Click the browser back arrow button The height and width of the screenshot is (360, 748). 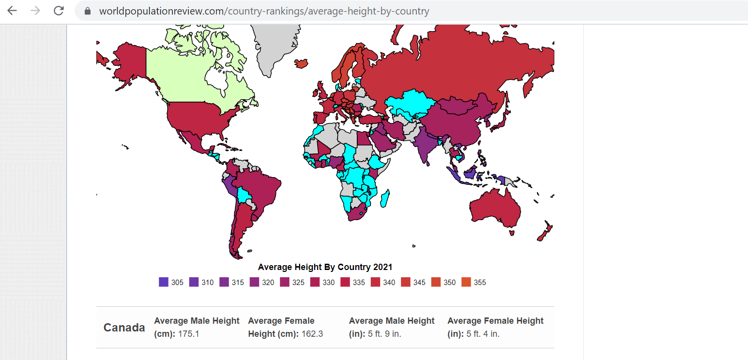pyautogui.click(x=12, y=11)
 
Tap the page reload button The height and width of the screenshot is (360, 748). pyautogui.click(x=59, y=11)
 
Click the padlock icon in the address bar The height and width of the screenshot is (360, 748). pyautogui.click(x=88, y=11)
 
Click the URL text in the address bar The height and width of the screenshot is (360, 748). pyautogui.click(x=264, y=11)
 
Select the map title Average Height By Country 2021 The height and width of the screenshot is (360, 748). pyautogui.click(x=325, y=267)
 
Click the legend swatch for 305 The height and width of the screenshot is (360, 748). pyautogui.click(x=164, y=282)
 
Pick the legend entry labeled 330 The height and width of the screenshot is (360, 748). pyautogui.click(x=322, y=282)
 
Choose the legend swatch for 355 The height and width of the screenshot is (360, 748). pyautogui.click(x=466, y=282)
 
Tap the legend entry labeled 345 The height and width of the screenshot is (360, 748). pyautogui.click(x=413, y=282)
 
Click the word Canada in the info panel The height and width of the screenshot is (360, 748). pyautogui.click(x=124, y=328)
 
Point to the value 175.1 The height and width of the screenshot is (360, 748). pyautogui.click(x=188, y=334)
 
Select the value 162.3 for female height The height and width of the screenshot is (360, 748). pyautogui.click(x=312, y=334)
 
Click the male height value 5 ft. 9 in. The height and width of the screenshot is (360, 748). pyautogui.click(x=384, y=334)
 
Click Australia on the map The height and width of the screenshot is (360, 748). pyautogui.click(x=494, y=209)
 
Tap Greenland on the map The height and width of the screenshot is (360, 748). pyautogui.click(x=275, y=47)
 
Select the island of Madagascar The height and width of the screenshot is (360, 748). pyautogui.click(x=385, y=198)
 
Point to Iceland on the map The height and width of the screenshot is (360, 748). pyautogui.click(x=301, y=63)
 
